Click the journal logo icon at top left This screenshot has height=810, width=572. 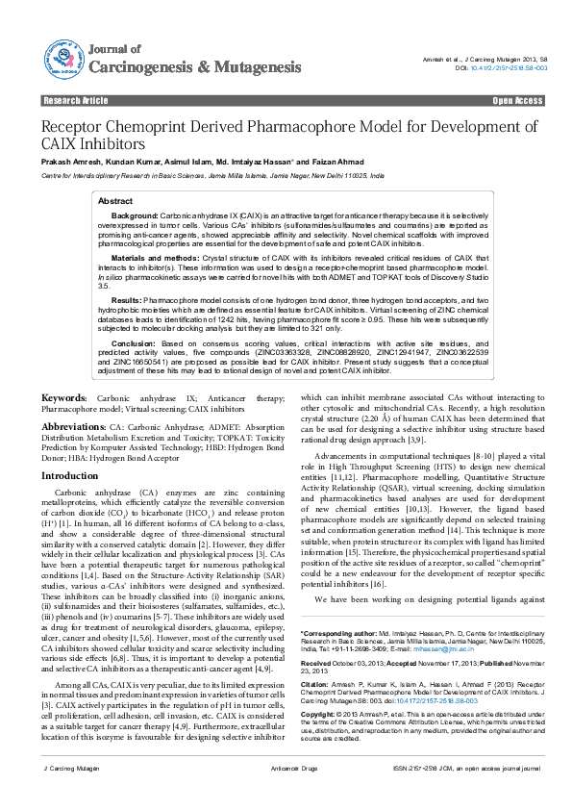[x=61, y=57]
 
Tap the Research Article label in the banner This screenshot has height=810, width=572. [x=76, y=100]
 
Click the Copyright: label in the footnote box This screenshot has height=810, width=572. [x=320, y=716]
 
